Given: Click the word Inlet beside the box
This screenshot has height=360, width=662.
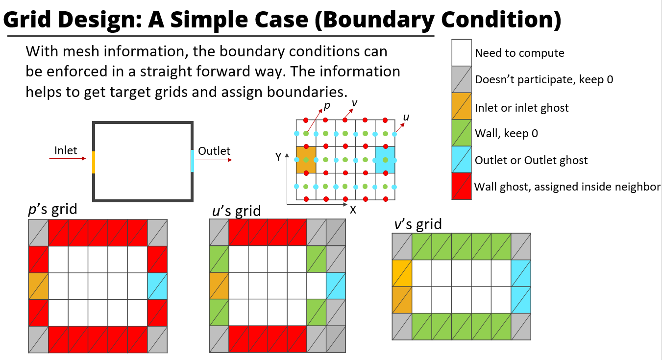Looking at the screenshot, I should click(x=66, y=150).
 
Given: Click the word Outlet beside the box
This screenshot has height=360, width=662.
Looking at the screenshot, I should click(x=214, y=151).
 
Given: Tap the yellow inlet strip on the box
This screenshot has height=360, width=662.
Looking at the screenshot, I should click(x=93, y=162).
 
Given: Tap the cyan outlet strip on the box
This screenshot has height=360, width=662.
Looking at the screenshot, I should click(x=193, y=161).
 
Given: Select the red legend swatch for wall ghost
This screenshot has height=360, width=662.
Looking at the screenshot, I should click(x=462, y=186).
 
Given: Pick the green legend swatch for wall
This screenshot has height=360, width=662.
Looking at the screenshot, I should click(x=462, y=133).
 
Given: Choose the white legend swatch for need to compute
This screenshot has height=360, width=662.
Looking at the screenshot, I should click(x=462, y=52).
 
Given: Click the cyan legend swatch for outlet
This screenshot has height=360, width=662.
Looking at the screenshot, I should click(x=462, y=160).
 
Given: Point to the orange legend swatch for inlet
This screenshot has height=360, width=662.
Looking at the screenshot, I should click(x=462, y=106).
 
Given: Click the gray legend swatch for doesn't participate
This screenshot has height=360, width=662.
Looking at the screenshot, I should click(x=462, y=79).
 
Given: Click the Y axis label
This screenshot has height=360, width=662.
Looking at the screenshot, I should click(x=278, y=157).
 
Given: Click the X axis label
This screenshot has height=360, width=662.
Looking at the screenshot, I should click(x=353, y=209).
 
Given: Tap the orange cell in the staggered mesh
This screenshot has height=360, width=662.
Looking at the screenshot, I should click(x=306, y=160).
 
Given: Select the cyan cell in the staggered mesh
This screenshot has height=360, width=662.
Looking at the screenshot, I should click(x=385, y=160).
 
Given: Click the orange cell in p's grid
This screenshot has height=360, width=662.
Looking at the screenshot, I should click(x=38, y=286).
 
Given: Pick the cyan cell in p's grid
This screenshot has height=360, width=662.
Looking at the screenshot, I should click(x=157, y=286).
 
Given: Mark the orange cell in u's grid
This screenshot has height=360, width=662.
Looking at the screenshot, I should click(x=219, y=286).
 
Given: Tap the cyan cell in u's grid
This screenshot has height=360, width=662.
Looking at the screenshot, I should click(x=336, y=286).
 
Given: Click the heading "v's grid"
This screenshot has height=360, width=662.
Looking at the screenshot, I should click(x=417, y=224).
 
